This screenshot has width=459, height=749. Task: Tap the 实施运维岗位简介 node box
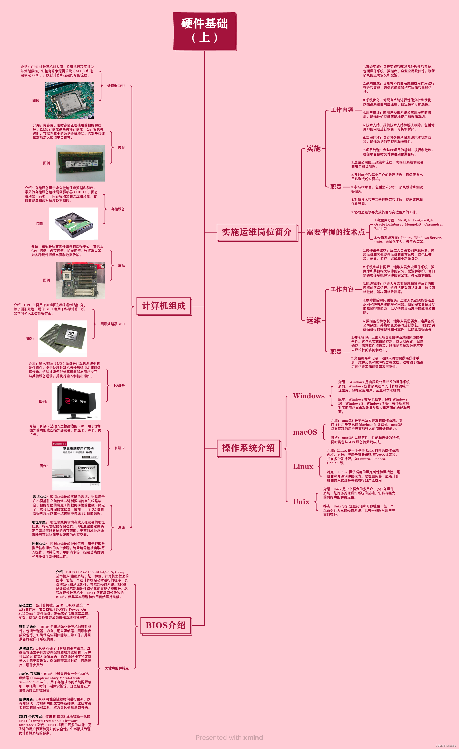(257, 232)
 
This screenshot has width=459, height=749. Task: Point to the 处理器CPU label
(116, 86)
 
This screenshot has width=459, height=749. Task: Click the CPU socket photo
(69, 100)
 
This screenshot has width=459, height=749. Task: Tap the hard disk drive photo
(73, 224)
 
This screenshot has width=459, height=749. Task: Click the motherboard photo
(80, 280)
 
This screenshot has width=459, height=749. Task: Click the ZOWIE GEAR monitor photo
(76, 401)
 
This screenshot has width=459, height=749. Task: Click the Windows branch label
(308, 396)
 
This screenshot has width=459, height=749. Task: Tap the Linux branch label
(303, 466)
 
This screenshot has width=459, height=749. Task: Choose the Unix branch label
(301, 502)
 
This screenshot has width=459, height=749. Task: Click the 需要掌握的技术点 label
(335, 232)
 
